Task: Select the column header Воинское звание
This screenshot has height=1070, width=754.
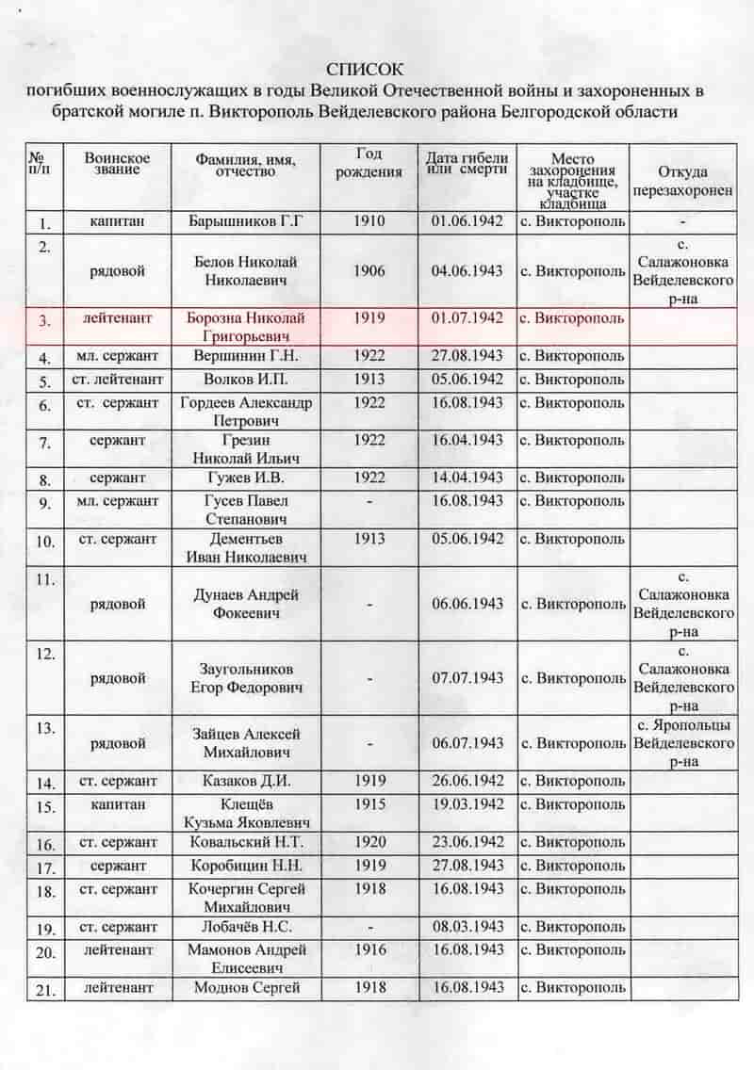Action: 117,162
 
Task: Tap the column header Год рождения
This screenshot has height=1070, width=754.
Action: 369,162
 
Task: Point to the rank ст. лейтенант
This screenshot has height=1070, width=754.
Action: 117,380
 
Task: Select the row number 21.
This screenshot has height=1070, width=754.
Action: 44,990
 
